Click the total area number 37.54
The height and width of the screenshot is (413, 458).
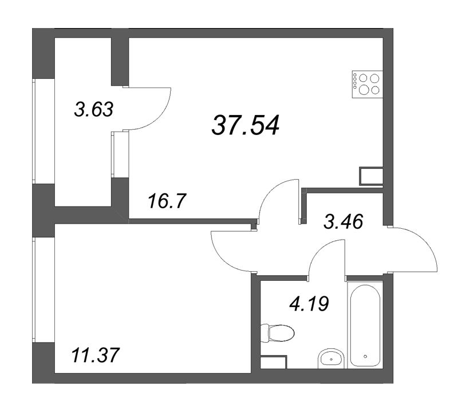click(246, 125)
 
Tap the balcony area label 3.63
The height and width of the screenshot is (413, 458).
click(94, 108)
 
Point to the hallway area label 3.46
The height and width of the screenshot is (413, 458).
click(345, 220)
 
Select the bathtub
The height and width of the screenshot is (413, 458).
click(366, 323)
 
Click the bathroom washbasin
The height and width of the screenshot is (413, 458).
click(330, 358)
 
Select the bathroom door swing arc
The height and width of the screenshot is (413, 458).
click(326, 255)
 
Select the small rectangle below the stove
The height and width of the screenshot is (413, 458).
click(370, 176)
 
